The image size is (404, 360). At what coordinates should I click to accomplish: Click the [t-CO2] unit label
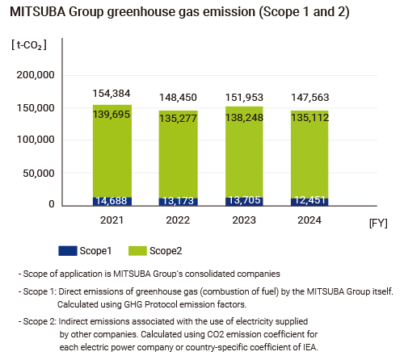[29, 44]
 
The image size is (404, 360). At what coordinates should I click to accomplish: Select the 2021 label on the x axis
[112, 219]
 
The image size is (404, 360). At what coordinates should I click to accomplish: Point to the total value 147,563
[310, 98]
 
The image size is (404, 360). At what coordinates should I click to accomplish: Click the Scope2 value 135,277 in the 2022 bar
[179, 121]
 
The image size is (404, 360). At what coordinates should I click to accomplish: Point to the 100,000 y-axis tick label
[35, 140]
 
